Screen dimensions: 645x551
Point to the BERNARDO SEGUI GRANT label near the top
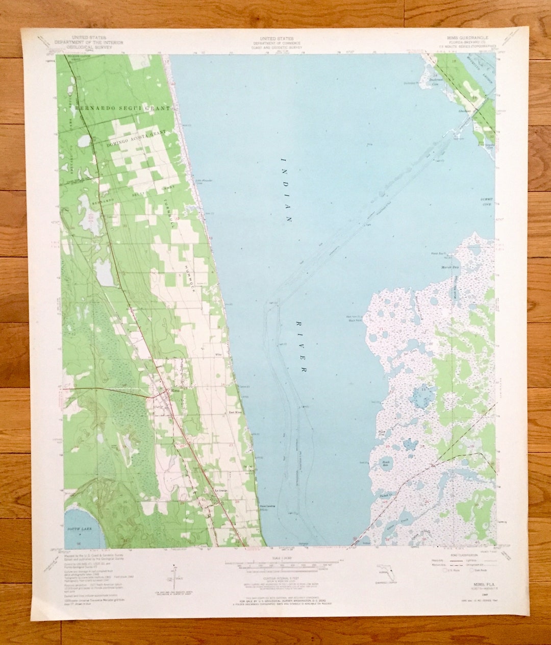[x=122, y=109]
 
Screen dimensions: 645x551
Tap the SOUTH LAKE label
[x=79, y=530]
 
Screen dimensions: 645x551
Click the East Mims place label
[x=234, y=412]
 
